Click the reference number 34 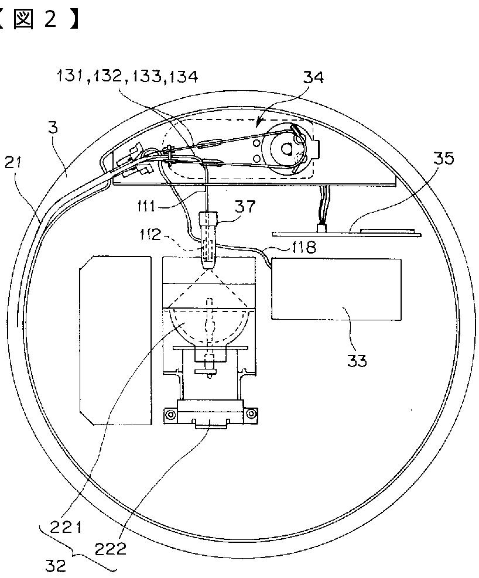point(313,77)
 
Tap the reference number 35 point(443,158)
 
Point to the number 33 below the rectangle point(357,360)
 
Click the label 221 point(66,528)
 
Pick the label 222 point(111,549)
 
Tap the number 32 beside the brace point(56,565)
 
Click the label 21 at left point(13,162)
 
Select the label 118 point(304,247)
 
